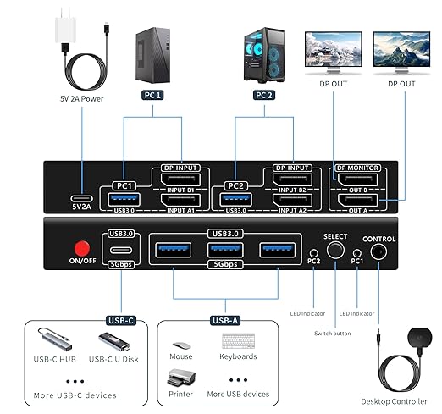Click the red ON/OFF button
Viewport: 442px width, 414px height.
[x=82, y=249]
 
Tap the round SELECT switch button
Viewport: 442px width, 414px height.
[x=336, y=251]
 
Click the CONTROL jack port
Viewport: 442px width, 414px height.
[x=379, y=251]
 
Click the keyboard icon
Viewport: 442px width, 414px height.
[x=239, y=340]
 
